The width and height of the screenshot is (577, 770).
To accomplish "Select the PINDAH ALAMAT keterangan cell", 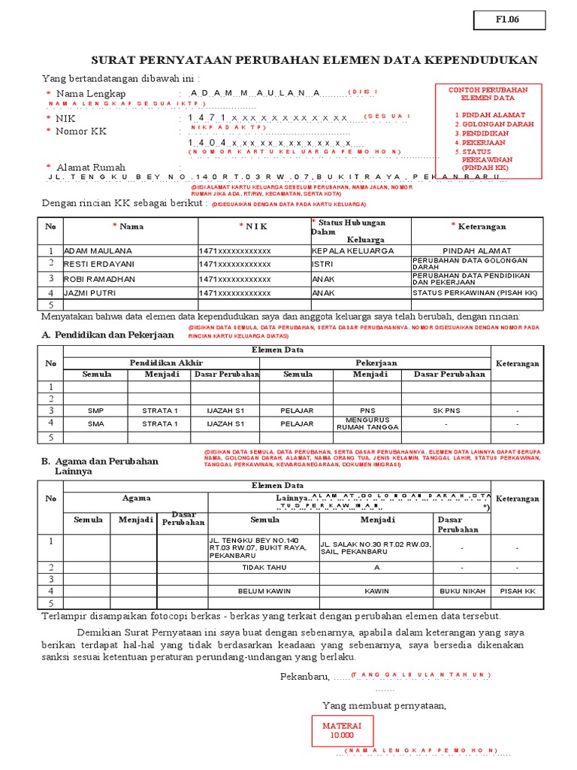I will point(477,250).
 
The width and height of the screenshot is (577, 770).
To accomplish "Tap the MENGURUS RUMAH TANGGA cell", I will point(367,423).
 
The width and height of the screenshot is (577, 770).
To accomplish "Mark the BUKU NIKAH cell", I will point(462,591).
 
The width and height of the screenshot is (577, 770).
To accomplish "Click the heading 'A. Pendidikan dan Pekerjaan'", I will point(108,335).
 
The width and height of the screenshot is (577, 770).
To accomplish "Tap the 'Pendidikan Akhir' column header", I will point(161,362).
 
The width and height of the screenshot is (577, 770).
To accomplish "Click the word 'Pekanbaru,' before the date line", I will point(305,677).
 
